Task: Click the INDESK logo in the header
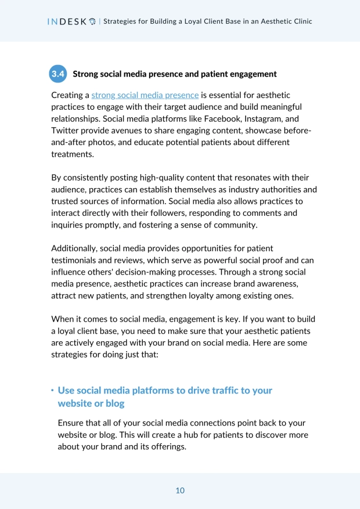pyautogui.click(x=71, y=21)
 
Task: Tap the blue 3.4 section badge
pyautogui.click(x=58, y=74)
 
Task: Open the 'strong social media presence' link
pyautogui.click(x=145, y=95)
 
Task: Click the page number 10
pyautogui.click(x=180, y=490)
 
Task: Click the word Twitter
pyautogui.click(x=66, y=130)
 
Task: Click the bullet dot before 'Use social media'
pyautogui.click(x=52, y=390)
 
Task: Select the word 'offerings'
pyautogui.click(x=167, y=446)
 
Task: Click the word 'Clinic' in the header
pyautogui.click(x=301, y=21)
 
